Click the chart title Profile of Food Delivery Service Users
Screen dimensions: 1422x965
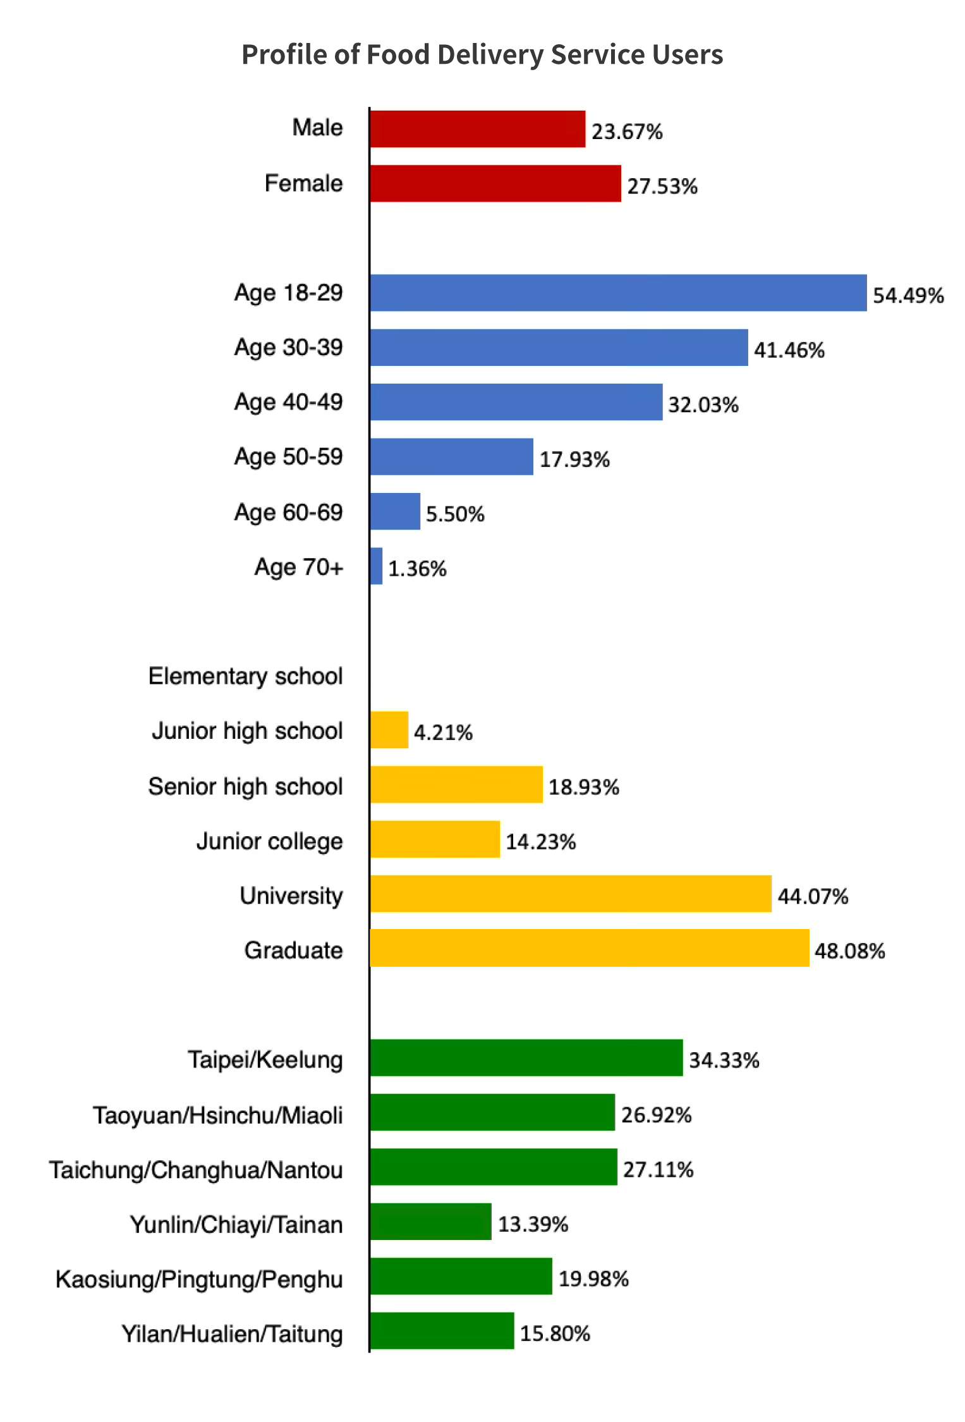[x=482, y=55]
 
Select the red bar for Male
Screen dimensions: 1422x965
[x=477, y=129]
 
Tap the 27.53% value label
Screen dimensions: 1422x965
[x=662, y=186]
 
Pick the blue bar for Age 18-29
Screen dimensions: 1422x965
[x=618, y=293]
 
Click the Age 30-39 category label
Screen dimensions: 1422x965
[x=288, y=348]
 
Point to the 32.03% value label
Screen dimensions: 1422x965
[x=703, y=404]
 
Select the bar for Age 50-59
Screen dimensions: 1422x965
[x=451, y=456]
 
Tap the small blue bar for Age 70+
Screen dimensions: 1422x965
[x=376, y=566]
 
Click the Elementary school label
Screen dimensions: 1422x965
[x=245, y=676]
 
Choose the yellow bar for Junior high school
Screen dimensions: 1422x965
[x=389, y=730]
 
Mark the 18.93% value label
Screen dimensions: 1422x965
[x=583, y=787]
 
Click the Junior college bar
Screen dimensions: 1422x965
[x=435, y=839]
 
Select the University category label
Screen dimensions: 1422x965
[x=291, y=896]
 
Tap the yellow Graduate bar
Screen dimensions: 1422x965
[x=589, y=948]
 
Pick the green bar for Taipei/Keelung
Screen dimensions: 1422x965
[x=526, y=1058]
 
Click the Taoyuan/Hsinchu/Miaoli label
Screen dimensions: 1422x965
[x=218, y=1115]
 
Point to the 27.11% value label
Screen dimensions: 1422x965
[x=658, y=1170]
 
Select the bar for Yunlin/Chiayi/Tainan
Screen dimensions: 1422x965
[x=430, y=1222]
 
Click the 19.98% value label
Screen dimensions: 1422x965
[x=593, y=1279]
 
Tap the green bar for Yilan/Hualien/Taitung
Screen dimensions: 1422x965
[x=442, y=1331]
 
